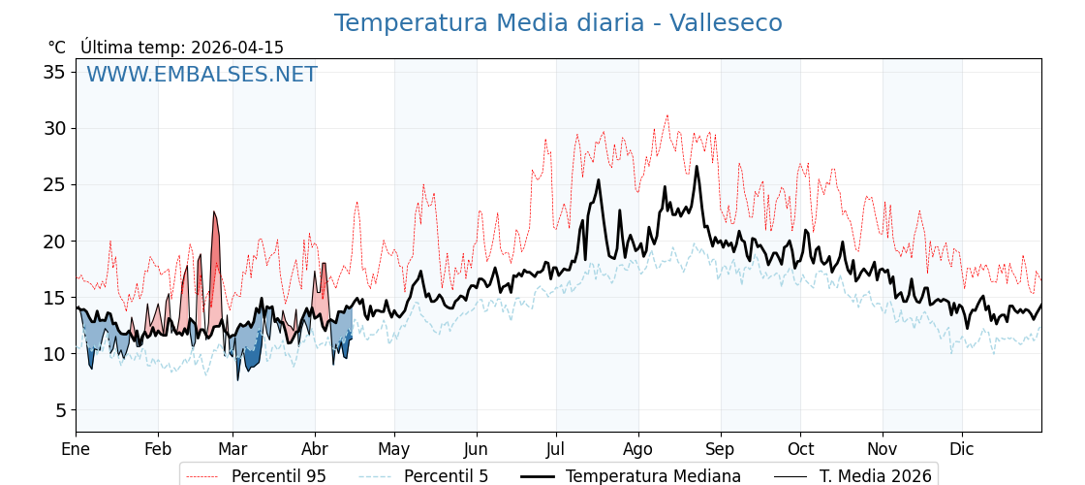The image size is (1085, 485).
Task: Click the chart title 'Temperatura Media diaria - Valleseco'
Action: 558,23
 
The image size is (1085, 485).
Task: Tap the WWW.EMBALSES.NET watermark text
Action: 201,75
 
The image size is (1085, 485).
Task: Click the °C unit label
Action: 57,48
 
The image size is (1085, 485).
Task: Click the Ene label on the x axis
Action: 76,449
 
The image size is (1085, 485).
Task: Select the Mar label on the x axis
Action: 232,449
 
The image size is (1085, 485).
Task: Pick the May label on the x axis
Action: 394,449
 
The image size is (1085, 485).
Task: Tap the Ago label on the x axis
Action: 637,449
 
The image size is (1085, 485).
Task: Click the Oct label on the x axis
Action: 800,449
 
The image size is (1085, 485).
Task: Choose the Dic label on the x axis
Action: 962,449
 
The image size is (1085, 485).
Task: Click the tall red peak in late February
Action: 214,213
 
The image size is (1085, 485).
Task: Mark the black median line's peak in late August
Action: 696,167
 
